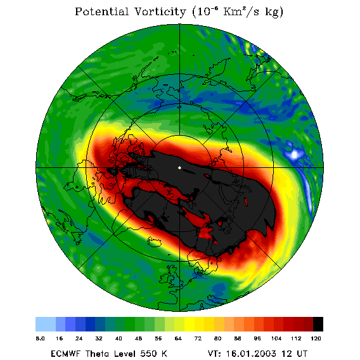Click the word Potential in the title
[101, 11]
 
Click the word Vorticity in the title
[160, 11]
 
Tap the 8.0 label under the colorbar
[40, 338]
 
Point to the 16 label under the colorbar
[60, 338]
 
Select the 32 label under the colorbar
[99, 338]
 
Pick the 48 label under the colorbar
[138, 338]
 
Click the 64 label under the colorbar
[178, 338]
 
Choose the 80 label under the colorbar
[217, 338]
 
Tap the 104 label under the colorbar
[276, 338]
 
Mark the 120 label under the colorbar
[316, 338]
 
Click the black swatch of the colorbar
[318, 324]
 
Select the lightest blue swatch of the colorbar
[46, 324]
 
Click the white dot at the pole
[179, 168]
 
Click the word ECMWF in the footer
[65, 354]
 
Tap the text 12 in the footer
[287, 354]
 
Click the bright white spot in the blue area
[295, 154]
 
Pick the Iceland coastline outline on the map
[154, 242]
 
